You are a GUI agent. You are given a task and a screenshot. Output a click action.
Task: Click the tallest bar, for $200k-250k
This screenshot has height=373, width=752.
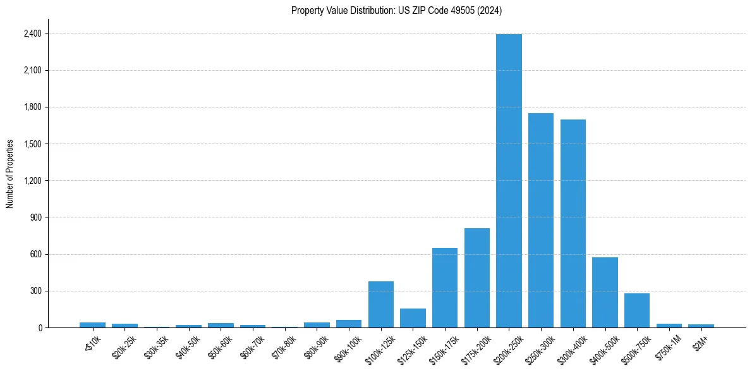click(509, 181)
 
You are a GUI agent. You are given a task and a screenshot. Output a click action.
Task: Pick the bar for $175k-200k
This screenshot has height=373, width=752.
click(476, 278)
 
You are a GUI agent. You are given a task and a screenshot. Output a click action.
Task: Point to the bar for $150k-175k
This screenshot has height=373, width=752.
click(445, 288)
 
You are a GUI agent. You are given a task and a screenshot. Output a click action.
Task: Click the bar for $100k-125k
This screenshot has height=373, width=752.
click(380, 304)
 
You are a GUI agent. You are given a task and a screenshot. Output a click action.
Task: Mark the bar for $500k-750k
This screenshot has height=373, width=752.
click(637, 310)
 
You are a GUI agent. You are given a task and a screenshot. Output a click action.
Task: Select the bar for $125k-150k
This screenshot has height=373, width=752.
click(413, 318)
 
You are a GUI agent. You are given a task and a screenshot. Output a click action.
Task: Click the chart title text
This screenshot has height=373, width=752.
click(396, 11)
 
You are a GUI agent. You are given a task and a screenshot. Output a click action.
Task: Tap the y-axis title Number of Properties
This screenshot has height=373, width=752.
click(10, 173)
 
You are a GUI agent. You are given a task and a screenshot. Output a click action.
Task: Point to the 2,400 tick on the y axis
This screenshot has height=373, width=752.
click(32, 34)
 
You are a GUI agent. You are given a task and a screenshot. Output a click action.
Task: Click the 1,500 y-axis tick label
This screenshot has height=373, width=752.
click(32, 144)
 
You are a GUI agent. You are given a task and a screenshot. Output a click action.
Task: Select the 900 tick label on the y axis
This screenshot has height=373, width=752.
click(35, 217)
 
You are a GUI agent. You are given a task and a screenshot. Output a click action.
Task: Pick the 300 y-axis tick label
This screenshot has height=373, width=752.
click(35, 291)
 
